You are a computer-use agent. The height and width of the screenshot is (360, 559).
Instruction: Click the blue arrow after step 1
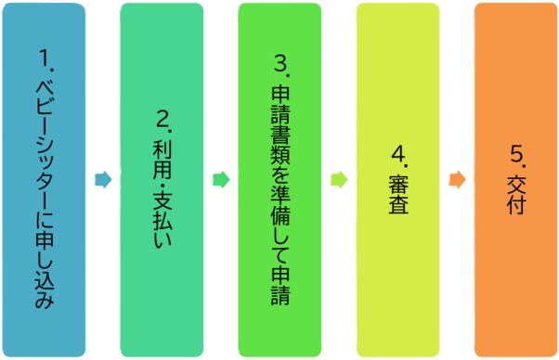(x=103, y=179)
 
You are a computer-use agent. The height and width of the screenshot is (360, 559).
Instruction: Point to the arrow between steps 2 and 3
(x=221, y=179)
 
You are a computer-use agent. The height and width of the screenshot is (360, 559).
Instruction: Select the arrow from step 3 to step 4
(x=339, y=179)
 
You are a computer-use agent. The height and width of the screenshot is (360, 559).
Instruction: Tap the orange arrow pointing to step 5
(x=457, y=179)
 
